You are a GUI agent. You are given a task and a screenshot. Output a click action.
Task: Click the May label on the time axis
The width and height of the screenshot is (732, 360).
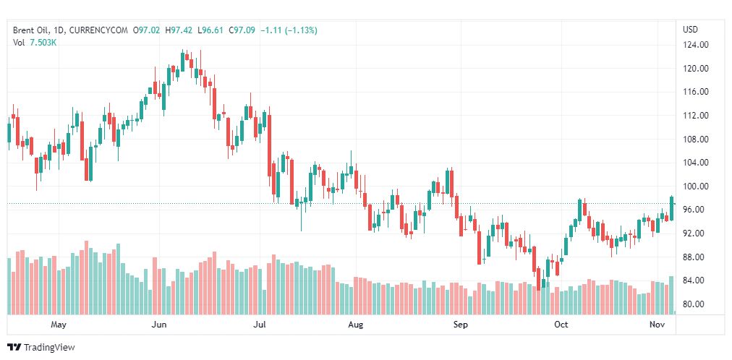pyautogui.click(x=59, y=325)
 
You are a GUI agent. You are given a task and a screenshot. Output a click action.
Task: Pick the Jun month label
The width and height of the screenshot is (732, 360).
pyautogui.click(x=160, y=325)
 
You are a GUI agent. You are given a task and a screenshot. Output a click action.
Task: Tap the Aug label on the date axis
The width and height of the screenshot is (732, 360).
pyautogui.click(x=355, y=325)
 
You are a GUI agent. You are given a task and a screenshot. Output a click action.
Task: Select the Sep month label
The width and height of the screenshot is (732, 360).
pyautogui.click(x=461, y=325)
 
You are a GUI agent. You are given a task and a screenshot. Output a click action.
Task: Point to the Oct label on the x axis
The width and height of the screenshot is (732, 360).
pyautogui.click(x=561, y=325)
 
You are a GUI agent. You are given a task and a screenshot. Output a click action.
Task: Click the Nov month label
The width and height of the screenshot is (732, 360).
pyautogui.click(x=657, y=325)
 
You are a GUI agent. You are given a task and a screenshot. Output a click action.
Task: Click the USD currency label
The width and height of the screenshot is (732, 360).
pyautogui.click(x=691, y=30)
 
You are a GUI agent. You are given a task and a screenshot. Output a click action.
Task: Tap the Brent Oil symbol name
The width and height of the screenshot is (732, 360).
pyautogui.click(x=32, y=30)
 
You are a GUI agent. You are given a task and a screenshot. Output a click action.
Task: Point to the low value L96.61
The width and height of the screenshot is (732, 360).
pyautogui.click(x=212, y=30)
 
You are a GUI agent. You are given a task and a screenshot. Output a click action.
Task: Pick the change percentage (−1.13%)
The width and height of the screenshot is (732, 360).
pyautogui.click(x=297, y=30)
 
